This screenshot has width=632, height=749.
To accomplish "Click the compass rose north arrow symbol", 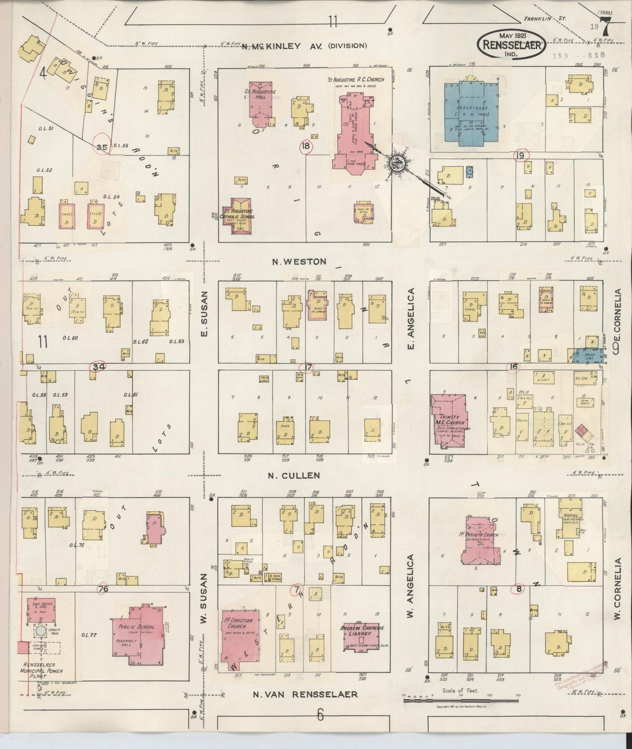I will (398, 163).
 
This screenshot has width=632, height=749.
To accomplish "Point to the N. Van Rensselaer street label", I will (305, 694).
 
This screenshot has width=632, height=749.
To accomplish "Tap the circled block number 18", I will (305, 146).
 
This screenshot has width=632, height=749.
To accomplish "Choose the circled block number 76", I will (103, 588).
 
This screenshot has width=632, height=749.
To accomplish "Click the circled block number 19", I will (520, 156).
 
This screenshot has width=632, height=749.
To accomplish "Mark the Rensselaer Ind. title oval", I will (512, 45).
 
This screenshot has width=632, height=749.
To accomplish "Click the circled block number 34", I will (99, 367).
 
